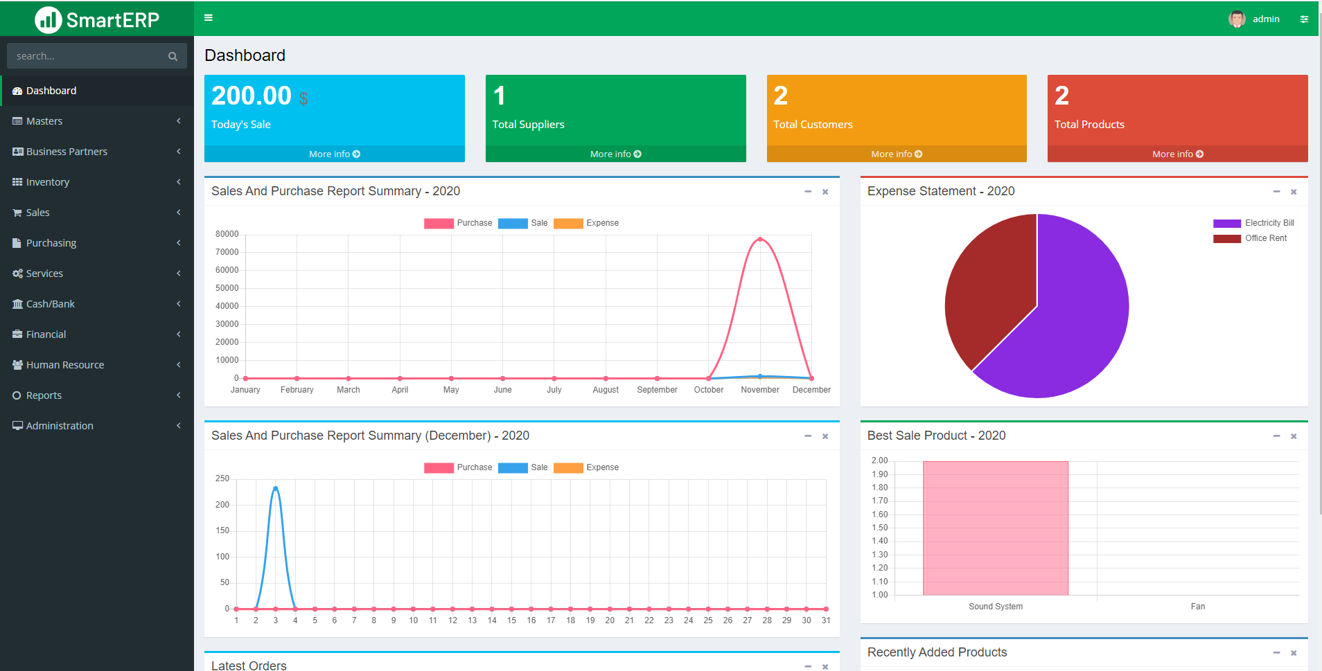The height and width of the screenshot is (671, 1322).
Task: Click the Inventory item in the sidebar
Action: (x=48, y=182)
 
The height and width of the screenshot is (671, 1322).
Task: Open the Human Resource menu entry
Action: (x=64, y=365)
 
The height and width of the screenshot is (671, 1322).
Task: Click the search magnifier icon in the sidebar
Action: (x=173, y=56)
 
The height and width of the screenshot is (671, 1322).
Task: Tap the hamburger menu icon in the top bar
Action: (x=208, y=18)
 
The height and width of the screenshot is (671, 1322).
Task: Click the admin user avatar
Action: (x=1237, y=19)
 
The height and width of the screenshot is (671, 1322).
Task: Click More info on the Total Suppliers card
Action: (x=615, y=154)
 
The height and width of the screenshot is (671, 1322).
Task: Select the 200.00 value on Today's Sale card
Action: (x=252, y=96)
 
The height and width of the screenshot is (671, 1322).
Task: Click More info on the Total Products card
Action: (x=1177, y=154)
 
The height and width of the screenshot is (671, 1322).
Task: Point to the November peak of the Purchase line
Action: (x=760, y=239)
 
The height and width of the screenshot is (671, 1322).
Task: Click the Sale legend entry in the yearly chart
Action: (x=524, y=223)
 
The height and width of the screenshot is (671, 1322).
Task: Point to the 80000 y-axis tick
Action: (x=227, y=234)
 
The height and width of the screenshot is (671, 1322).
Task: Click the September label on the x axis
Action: (x=657, y=390)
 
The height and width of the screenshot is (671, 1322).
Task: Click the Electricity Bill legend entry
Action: (x=1254, y=223)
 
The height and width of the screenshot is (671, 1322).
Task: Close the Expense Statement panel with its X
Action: (x=1294, y=192)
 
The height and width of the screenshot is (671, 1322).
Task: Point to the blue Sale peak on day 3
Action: (x=276, y=488)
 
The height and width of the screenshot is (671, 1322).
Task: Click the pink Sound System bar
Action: (x=995, y=528)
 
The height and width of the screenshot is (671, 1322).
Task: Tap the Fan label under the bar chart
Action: (x=1197, y=607)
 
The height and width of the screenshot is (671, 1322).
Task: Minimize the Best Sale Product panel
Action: (x=1276, y=436)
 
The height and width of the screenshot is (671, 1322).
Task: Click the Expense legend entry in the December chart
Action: (x=587, y=467)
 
